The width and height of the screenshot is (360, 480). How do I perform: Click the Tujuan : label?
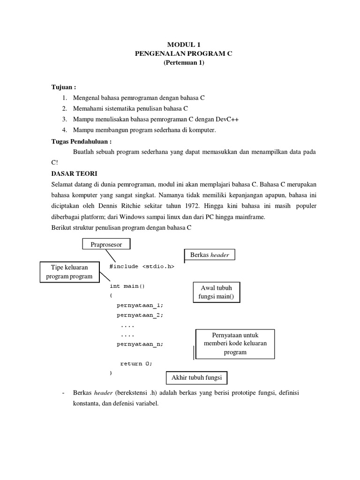(64, 87)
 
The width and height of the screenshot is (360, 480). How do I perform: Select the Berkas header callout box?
(209, 255)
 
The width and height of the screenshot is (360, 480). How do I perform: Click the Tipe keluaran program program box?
(69, 272)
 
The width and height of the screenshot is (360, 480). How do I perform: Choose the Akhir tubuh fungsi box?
(197, 378)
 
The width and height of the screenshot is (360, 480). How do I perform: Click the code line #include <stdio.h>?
(142, 266)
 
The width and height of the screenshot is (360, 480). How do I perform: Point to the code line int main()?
(127, 285)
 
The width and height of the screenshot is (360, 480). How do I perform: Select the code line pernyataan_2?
(140, 315)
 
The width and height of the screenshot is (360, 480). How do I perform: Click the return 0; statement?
(136, 363)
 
